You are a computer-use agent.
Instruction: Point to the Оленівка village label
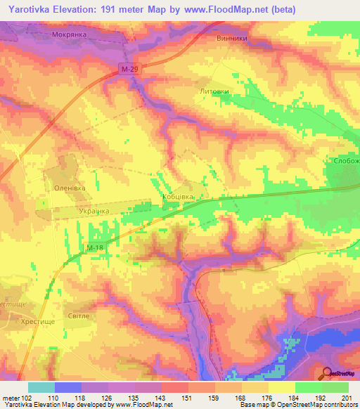point(70,188)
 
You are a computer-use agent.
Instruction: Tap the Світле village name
point(77,316)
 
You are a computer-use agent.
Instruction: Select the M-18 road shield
point(96,248)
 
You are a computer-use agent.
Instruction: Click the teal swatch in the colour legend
point(41,387)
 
